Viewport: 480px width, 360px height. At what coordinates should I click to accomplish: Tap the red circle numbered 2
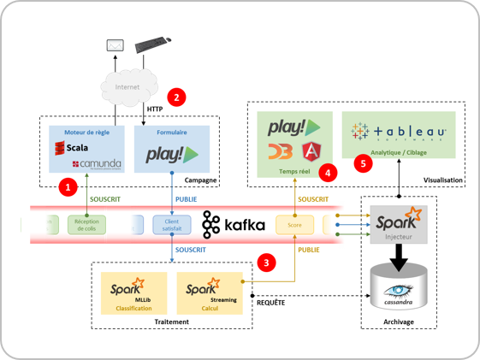tap(176, 96)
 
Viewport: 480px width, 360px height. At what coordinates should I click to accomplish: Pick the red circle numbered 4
tap(329, 173)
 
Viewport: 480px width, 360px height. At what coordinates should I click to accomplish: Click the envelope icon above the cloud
tap(115, 44)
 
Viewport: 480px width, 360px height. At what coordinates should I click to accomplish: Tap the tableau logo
tap(400, 132)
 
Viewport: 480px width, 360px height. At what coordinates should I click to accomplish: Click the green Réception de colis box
tap(86, 225)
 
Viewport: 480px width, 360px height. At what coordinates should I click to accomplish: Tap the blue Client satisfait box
tap(172, 225)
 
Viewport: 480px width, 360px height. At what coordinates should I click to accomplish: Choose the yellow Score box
tap(294, 225)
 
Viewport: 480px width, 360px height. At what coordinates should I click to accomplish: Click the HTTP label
tap(155, 109)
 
